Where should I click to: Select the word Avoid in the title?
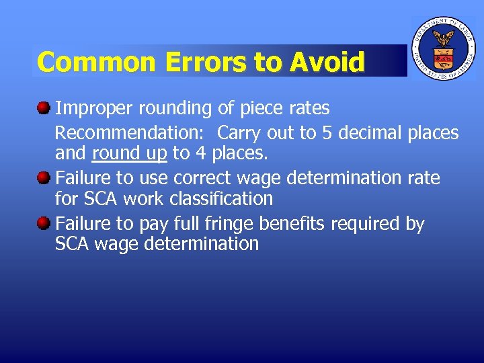(x=327, y=62)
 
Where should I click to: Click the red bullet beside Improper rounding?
(x=43, y=108)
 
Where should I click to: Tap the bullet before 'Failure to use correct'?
(x=43, y=177)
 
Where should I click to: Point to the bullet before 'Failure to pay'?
(x=43, y=222)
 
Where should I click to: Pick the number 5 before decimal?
(x=327, y=132)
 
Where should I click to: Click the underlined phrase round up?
(x=129, y=153)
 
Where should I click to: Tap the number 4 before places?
(x=200, y=153)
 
